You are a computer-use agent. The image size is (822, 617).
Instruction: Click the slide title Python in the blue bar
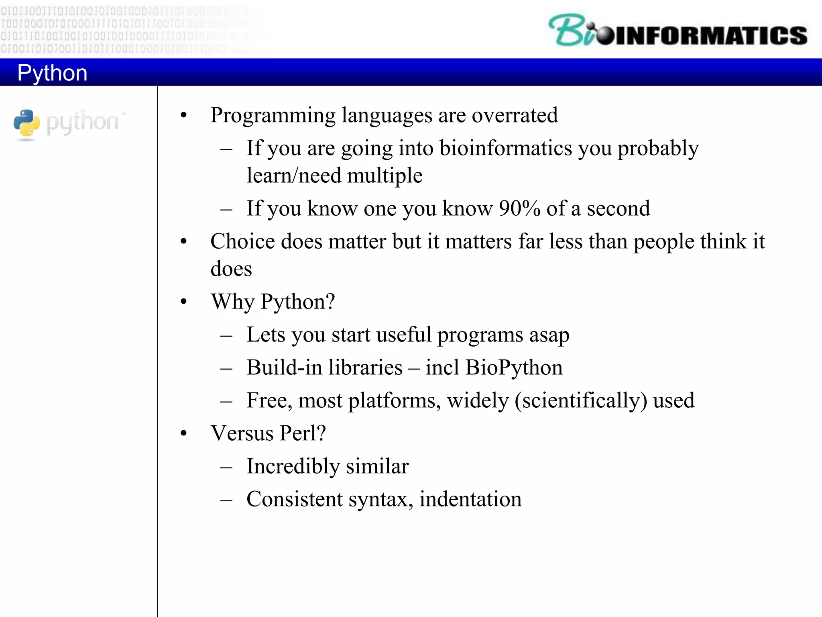[x=52, y=73]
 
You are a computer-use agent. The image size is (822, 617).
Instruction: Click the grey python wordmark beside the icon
[x=83, y=122]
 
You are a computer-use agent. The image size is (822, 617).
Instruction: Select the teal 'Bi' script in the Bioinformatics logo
[x=570, y=31]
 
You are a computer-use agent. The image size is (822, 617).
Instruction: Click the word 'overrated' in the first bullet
[x=515, y=116]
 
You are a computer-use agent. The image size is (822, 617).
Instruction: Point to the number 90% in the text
[x=519, y=209]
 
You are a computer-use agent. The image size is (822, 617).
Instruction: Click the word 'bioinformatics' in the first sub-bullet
[x=506, y=148]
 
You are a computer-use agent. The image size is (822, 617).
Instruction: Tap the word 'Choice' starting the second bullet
[x=243, y=242]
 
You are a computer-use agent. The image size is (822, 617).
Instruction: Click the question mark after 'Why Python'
[x=330, y=301]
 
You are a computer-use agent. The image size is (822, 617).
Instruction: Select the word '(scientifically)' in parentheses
[x=581, y=401]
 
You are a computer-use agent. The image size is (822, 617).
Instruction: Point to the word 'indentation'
[x=470, y=500]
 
